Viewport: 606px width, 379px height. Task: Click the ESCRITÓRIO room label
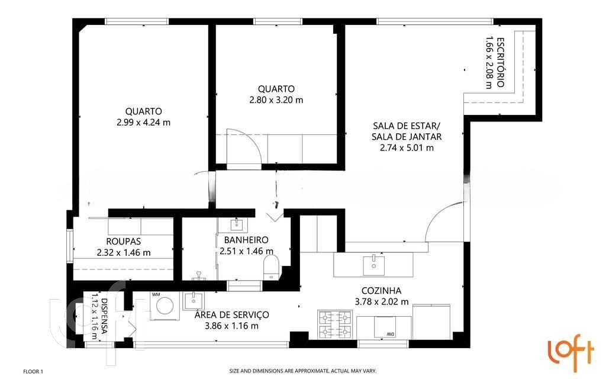click(500, 62)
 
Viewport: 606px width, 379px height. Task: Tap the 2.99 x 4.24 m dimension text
click(143, 123)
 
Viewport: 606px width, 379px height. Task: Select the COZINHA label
click(381, 291)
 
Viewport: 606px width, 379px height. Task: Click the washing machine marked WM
click(165, 306)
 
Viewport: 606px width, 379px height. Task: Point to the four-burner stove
click(334, 324)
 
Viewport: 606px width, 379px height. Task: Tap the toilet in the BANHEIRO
click(271, 266)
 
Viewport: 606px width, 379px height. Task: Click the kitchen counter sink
click(373, 265)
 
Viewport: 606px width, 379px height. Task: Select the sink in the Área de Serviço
click(194, 300)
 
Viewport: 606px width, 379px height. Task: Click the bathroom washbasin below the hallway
click(236, 224)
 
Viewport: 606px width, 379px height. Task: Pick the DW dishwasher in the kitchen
click(385, 327)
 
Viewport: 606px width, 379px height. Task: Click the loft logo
click(571, 352)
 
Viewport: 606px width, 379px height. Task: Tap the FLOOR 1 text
click(33, 372)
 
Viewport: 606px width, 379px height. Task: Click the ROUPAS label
click(123, 242)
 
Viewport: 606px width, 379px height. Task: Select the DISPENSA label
click(104, 316)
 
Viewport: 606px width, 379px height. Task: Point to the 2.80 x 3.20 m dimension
click(276, 100)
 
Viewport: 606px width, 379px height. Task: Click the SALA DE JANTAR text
click(407, 137)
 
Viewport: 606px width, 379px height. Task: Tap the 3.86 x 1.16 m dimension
click(231, 326)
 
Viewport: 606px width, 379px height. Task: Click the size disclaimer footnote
click(302, 371)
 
